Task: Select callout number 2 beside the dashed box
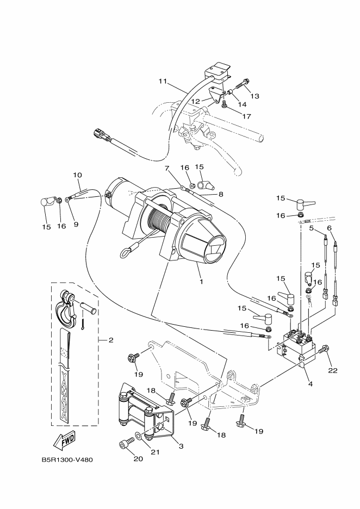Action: coord(110,340)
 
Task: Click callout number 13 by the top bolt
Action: coord(255,96)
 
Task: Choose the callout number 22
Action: coord(332,370)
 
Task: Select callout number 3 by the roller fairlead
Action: coord(181,446)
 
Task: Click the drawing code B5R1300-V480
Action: coord(67,460)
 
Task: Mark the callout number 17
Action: coord(246,116)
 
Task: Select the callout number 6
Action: coord(328,228)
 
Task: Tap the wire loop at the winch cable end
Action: coord(128,251)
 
